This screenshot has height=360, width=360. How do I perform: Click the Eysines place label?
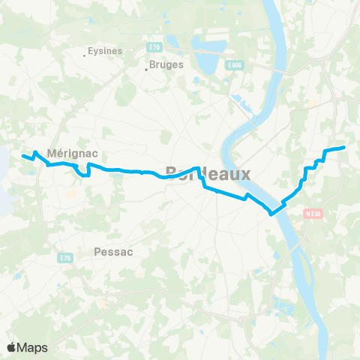point(105,51)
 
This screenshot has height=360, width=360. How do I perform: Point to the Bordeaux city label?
point(206,172)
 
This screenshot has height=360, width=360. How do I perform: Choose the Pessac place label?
point(114,252)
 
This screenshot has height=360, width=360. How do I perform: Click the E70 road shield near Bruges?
point(154,47)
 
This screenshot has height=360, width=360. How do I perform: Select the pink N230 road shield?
point(313,212)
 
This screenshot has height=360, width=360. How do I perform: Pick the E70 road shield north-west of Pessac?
point(64,257)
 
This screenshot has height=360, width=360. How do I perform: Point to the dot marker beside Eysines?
point(84,54)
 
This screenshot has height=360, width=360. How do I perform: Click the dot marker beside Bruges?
point(147,70)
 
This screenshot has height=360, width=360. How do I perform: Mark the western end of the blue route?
point(22,156)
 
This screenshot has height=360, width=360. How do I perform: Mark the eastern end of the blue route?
point(343,148)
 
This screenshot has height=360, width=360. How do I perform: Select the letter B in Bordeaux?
point(170,172)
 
